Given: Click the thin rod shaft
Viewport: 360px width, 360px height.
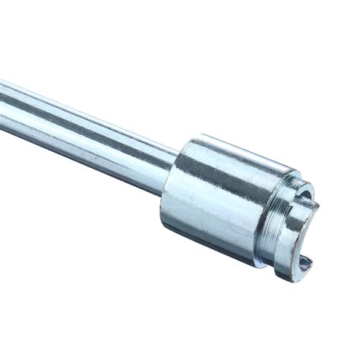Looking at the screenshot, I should (x=84, y=125).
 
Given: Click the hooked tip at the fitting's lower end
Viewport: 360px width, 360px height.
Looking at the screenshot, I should (x=305, y=264).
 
